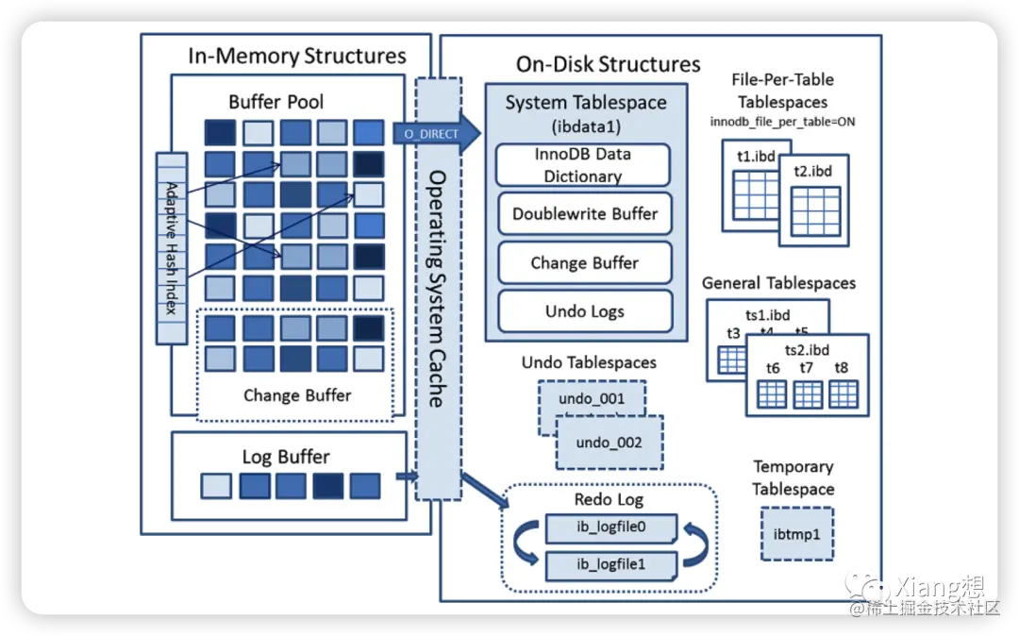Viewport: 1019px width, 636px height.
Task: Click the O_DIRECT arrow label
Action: point(430,134)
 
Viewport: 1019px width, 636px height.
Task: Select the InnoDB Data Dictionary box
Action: point(582,165)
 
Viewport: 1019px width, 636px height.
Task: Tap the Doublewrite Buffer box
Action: point(584,214)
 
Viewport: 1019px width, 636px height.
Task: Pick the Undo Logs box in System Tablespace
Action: point(584,311)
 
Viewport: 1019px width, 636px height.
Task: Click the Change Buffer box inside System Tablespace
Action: point(584,263)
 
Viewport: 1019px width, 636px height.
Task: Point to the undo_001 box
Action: point(592,398)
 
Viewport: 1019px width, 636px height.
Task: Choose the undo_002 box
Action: point(609,443)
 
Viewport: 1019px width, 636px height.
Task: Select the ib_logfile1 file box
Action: point(610,565)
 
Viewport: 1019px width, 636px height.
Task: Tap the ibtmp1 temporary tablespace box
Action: point(796,534)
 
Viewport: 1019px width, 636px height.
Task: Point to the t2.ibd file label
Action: point(813,172)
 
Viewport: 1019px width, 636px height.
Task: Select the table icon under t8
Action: point(843,394)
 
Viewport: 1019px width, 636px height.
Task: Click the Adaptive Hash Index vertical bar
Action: point(172,248)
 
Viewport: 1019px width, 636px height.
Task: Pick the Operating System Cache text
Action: point(437,288)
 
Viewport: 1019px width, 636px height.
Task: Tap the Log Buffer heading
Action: point(286,457)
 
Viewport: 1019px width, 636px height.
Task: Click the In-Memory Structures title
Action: point(296,56)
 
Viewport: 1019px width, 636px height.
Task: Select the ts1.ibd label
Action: point(766,314)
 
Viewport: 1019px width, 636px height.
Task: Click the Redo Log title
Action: point(609,499)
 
